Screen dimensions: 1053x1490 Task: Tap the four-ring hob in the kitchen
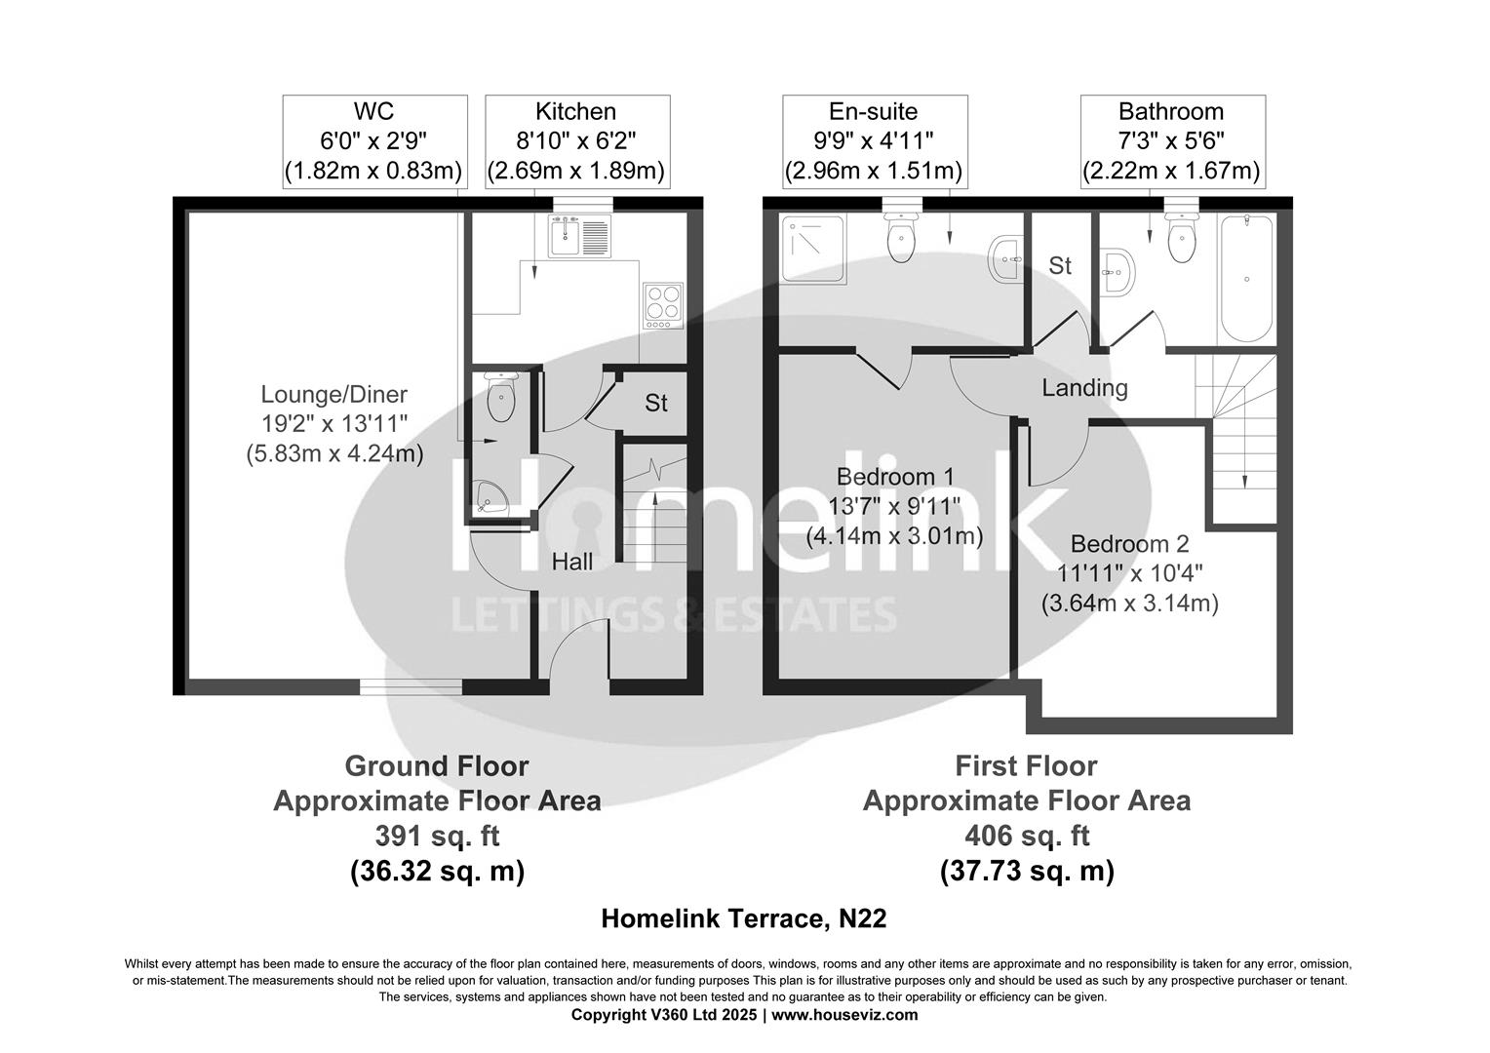click(x=662, y=305)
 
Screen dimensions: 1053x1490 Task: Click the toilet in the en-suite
click(x=901, y=238)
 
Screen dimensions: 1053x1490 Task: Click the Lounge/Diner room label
click(x=333, y=395)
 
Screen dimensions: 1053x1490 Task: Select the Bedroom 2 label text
click(x=1129, y=544)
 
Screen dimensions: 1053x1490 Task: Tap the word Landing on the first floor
click(x=1084, y=388)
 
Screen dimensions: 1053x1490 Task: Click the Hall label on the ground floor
click(x=572, y=562)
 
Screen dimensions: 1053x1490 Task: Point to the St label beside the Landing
click(x=1060, y=265)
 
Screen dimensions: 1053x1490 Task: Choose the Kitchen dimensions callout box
click(x=576, y=141)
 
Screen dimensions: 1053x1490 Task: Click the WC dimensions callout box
click(x=374, y=141)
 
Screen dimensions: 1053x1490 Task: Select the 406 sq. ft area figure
click(x=1026, y=836)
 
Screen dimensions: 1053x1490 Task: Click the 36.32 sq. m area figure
click(x=437, y=871)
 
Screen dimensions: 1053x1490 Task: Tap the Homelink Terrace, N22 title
click(x=743, y=918)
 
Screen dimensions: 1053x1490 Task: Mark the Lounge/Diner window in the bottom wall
click(x=411, y=687)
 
